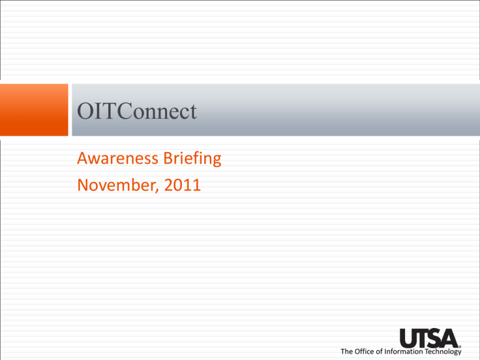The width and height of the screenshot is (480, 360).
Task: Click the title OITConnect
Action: coord(136,111)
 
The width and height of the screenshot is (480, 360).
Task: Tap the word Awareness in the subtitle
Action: coord(117,158)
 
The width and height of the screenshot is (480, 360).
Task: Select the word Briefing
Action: coord(192,159)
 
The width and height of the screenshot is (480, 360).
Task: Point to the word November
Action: coord(117,186)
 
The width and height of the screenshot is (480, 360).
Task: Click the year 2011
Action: coord(182,185)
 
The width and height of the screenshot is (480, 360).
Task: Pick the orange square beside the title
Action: coord(34,109)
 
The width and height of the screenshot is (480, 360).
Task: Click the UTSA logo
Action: coord(429,338)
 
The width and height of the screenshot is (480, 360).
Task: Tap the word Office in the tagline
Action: coord(364,351)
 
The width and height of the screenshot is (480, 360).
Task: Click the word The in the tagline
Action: coord(347,351)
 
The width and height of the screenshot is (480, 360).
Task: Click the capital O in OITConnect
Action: coord(85,111)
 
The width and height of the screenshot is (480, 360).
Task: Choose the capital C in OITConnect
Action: coord(124,111)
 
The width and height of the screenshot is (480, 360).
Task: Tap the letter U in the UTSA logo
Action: coord(408,338)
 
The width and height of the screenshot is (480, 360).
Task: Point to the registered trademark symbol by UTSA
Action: coord(460,347)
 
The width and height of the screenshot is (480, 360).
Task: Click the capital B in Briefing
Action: coord(168,158)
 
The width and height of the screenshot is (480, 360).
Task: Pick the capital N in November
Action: coord(83,185)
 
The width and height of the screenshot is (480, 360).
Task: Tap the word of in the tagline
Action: coord(378,351)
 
